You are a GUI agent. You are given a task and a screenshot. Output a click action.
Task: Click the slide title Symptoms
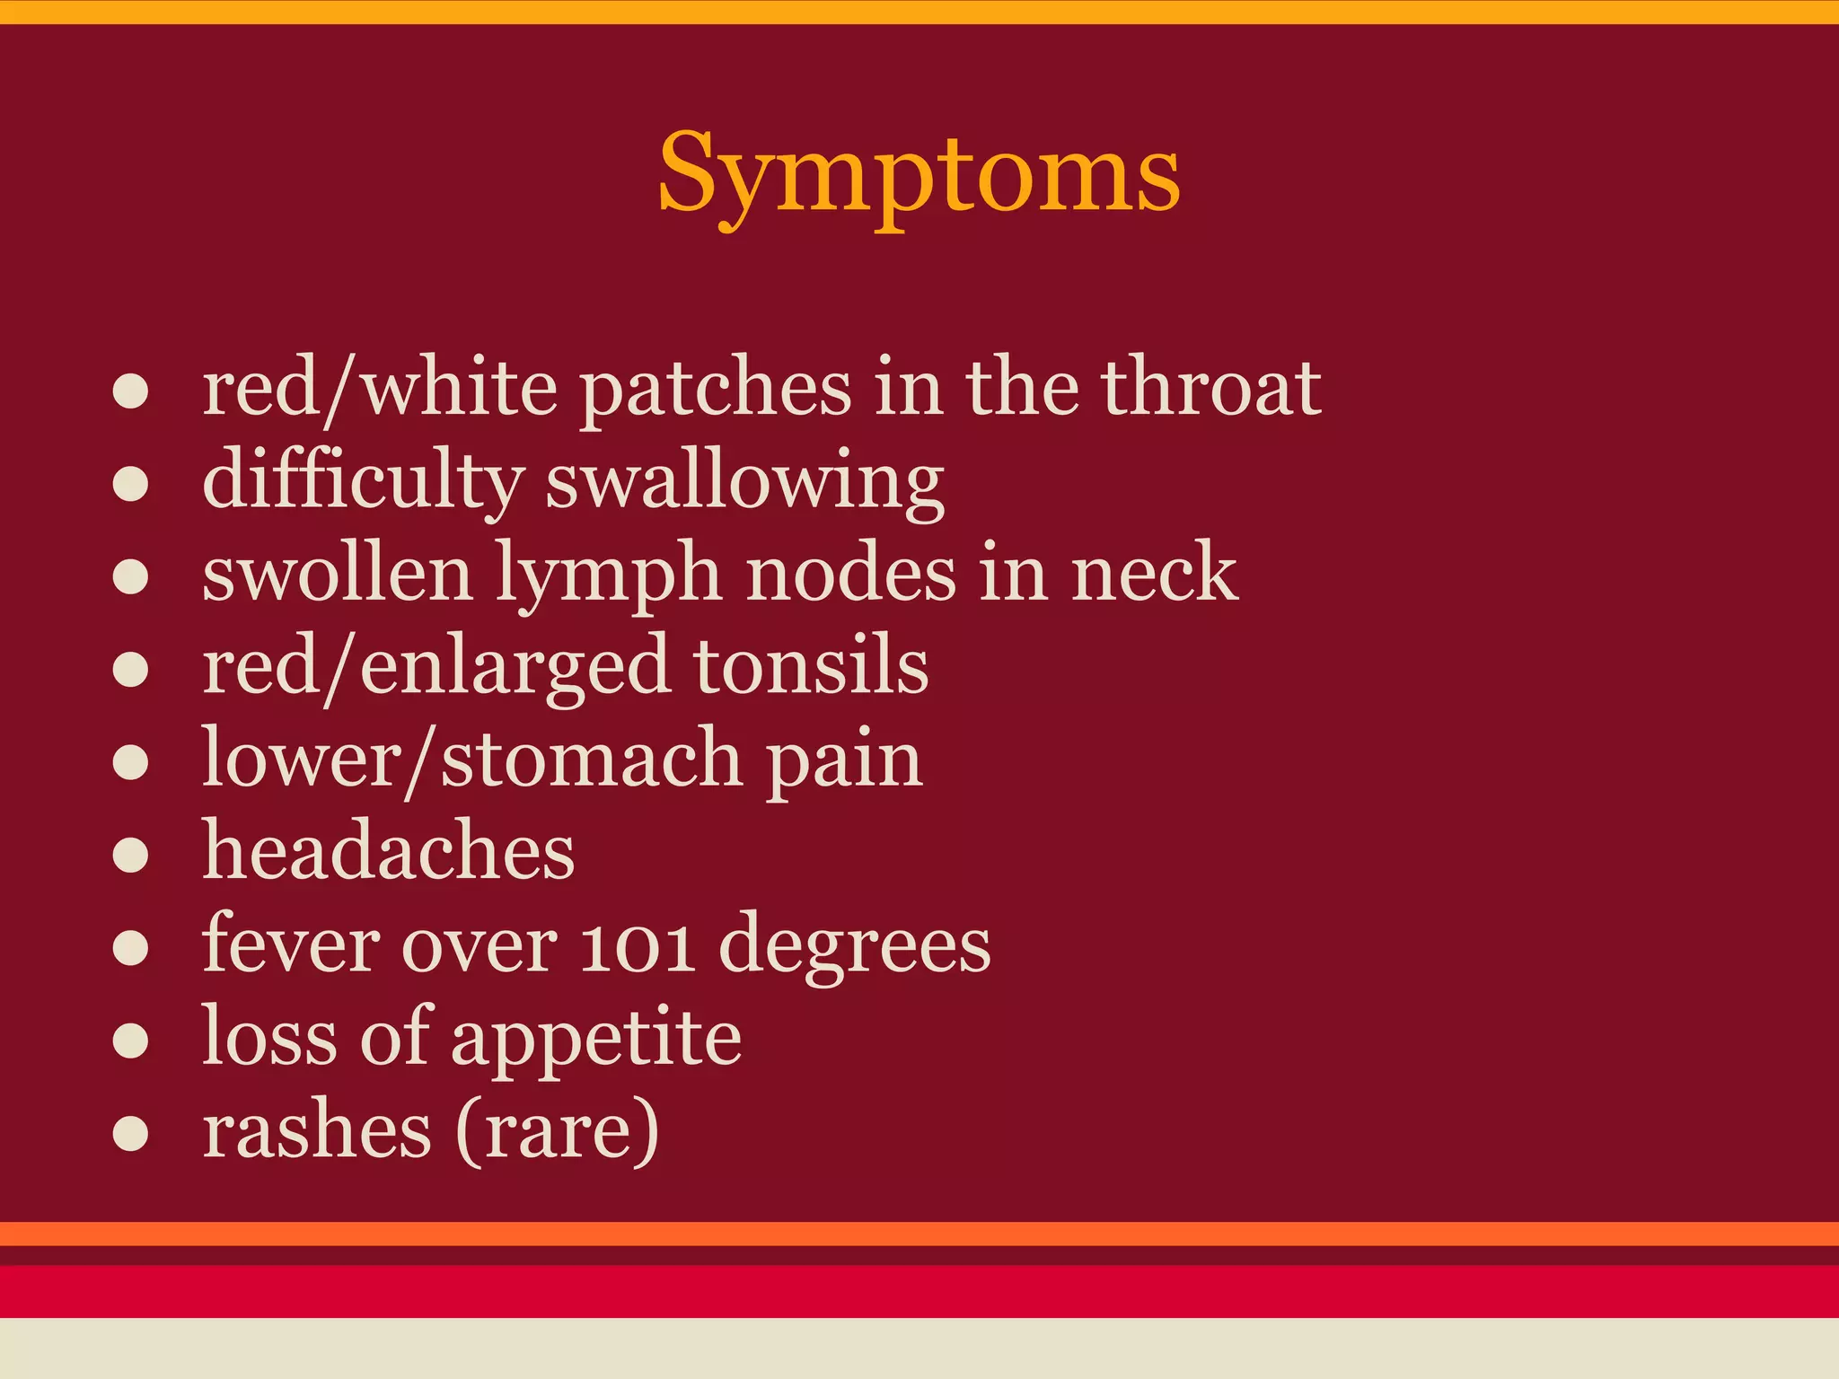click(x=919, y=174)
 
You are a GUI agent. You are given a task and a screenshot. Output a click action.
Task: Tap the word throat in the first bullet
click(x=1211, y=388)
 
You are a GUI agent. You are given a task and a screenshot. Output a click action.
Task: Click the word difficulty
click(x=363, y=481)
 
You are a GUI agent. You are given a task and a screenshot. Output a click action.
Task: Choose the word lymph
click(x=609, y=575)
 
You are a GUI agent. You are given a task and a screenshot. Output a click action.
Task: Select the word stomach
click(x=592, y=760)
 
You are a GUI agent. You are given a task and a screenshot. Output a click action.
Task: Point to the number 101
click(x=637, y=946)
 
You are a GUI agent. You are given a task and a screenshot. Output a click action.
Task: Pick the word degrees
click(x=854, y=948)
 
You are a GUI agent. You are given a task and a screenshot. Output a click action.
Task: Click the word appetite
click(x=596, y=1040)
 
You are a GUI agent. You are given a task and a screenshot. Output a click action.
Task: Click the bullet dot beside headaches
click(x=131, y=855)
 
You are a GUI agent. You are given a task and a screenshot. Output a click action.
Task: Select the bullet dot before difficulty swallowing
click(x=131, y=484)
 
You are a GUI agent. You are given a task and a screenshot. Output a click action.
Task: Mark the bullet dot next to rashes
click(x=131, y=1133)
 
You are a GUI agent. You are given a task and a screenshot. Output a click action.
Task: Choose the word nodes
click(x=851, y=575)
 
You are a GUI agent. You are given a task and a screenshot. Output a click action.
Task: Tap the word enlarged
click(x=515, y=668)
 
